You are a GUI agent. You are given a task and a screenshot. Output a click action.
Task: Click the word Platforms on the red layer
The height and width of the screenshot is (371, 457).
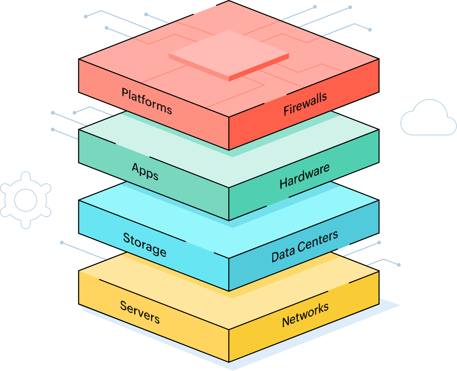pyautogui.click(x=147, y=101)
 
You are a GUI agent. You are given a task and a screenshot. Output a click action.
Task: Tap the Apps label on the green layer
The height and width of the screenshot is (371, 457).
pyautogui.click(x=145, y=171)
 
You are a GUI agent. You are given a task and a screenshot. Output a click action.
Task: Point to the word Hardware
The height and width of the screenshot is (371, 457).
pyautogui.click(x=304, y=176)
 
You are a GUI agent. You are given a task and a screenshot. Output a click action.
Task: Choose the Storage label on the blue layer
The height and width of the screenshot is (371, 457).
pyautogui.click(x=144, y=245)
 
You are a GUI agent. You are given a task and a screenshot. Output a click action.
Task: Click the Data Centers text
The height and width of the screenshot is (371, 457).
pyautogui.click(x=304, y=246)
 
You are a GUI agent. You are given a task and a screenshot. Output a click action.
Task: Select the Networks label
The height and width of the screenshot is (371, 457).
pyautogui.click(x=305, y=315)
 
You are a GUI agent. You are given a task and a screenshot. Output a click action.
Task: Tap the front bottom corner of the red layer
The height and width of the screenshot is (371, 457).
pyautogui.click(x=229, y=150)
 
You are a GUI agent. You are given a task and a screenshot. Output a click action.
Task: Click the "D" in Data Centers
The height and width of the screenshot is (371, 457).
pyautogui.click(x=275, y=257)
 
